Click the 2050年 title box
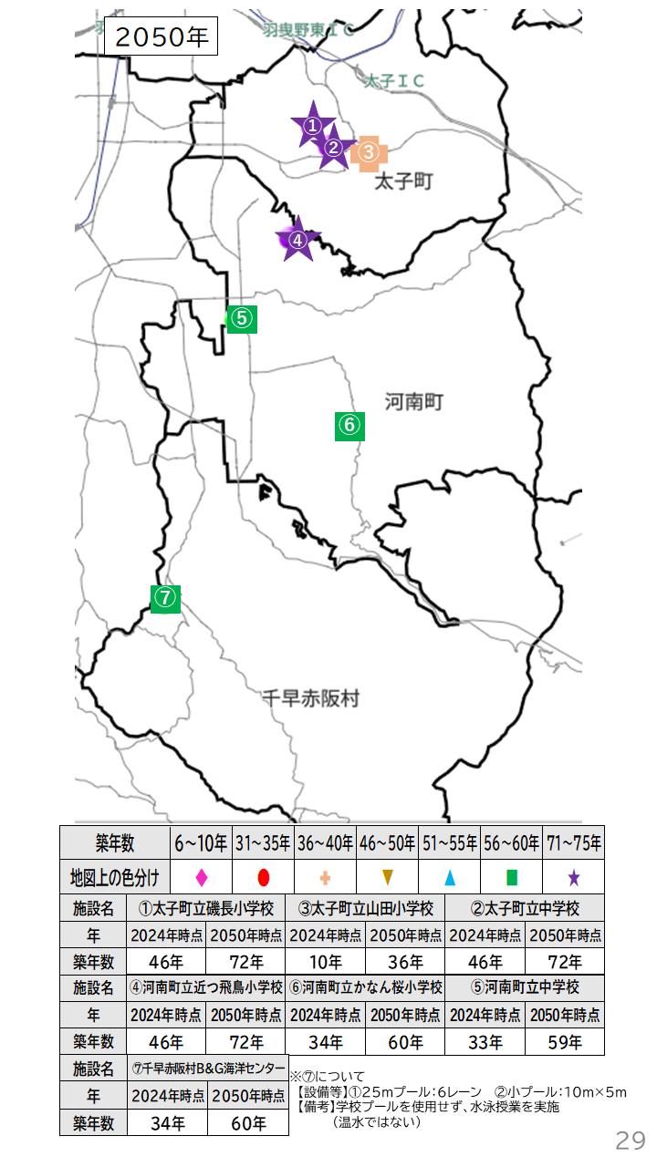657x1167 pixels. point(162,36)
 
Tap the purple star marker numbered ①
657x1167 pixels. point(312,126)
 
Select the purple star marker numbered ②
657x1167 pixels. point(333,148)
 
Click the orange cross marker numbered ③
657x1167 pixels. point(368,152)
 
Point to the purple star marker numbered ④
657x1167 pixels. point(296,241)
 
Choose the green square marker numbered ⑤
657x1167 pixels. point(241,318)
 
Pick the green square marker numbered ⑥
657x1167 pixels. point(350,425)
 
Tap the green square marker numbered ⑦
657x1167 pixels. point(165,598)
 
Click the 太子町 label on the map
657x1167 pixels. point(403,182)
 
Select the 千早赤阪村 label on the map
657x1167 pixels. point(310,699)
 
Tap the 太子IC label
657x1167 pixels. point(394,82)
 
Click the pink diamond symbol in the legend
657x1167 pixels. point(202,878)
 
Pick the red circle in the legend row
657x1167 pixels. point(263,878)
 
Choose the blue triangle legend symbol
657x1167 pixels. point(450,878)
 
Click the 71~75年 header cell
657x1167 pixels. point(573,843)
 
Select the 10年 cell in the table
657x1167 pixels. point(326,961)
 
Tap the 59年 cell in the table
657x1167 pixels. point(564,1041)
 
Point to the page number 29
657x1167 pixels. point(630,1140)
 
